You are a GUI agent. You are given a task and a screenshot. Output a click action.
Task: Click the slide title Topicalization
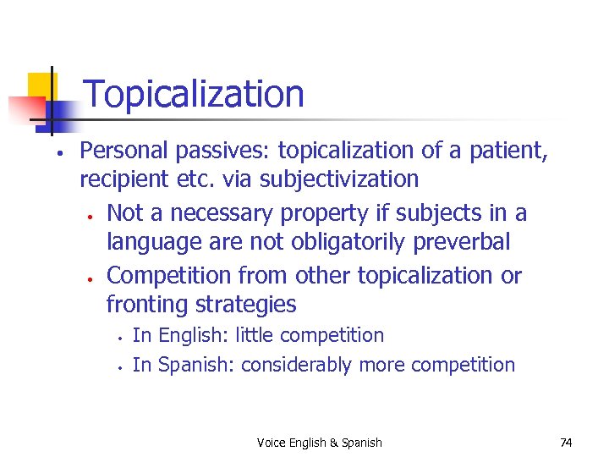194,94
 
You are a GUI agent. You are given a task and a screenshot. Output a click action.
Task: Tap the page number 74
567,442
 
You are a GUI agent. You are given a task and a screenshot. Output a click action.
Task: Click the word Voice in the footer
272,443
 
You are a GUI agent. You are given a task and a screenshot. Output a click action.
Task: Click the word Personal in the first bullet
125,151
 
